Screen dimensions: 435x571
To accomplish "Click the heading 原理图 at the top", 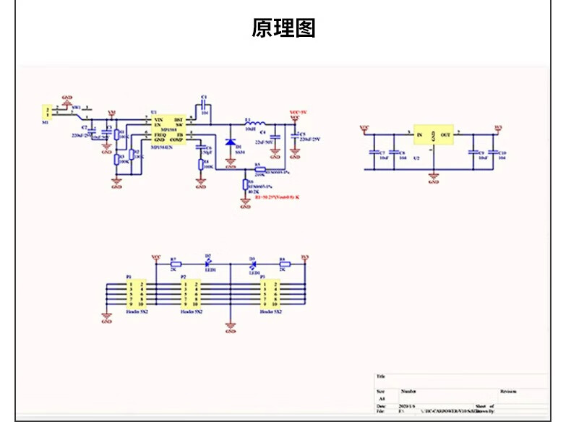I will tap(284, 28).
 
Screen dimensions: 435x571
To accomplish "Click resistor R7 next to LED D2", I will tap(176, 264).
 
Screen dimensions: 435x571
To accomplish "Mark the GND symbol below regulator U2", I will tap(433, 176).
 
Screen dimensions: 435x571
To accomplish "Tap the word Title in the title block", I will tap(380, 376).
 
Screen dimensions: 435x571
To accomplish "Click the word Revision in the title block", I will tap(508, 390).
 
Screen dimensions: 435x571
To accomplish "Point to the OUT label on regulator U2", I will tap(446, 134).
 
